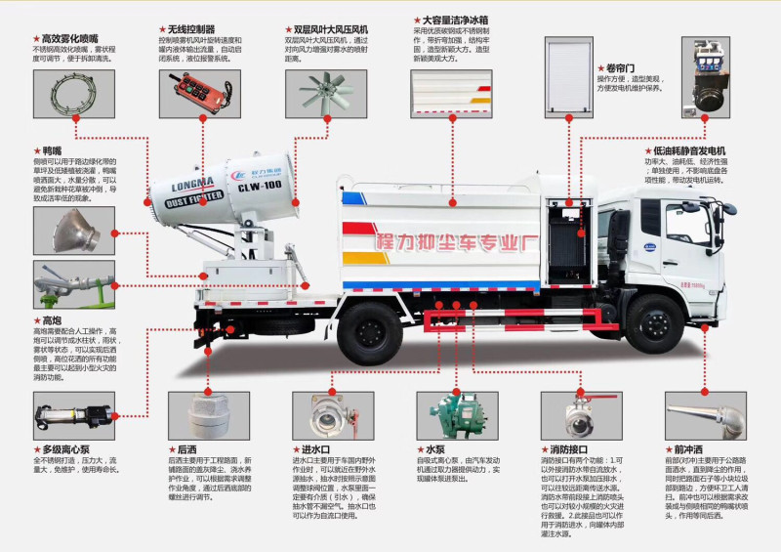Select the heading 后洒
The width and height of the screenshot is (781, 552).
pyautogui.click(x=186, y=448)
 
